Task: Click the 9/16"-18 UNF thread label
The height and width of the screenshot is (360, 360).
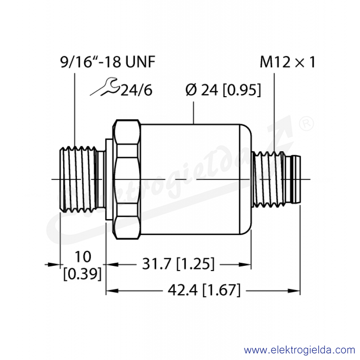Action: (108, 62)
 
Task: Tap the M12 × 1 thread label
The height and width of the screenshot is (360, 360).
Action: (288, 62)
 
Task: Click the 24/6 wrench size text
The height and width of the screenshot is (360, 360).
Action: (136, 90)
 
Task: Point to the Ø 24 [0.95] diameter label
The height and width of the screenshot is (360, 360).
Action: (223, 90)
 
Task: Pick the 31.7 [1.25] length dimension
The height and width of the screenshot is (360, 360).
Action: (178, 264)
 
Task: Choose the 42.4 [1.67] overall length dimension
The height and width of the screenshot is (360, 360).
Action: (204, 290)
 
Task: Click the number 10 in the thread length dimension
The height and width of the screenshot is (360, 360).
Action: (83, 256)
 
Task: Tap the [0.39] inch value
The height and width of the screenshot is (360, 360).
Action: (82, 274)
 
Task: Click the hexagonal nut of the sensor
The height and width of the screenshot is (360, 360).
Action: (127, 179)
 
